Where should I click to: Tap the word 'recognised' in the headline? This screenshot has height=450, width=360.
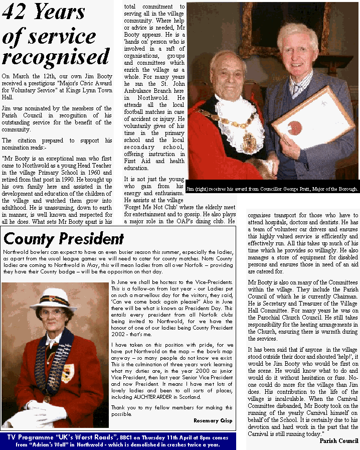(x=56, y=57)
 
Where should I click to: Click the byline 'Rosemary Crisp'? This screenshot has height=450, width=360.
(x=213, y=420)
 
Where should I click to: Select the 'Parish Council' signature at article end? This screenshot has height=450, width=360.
(x=339, y=441)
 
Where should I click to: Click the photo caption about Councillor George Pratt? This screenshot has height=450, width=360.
(x=272, y=189)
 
